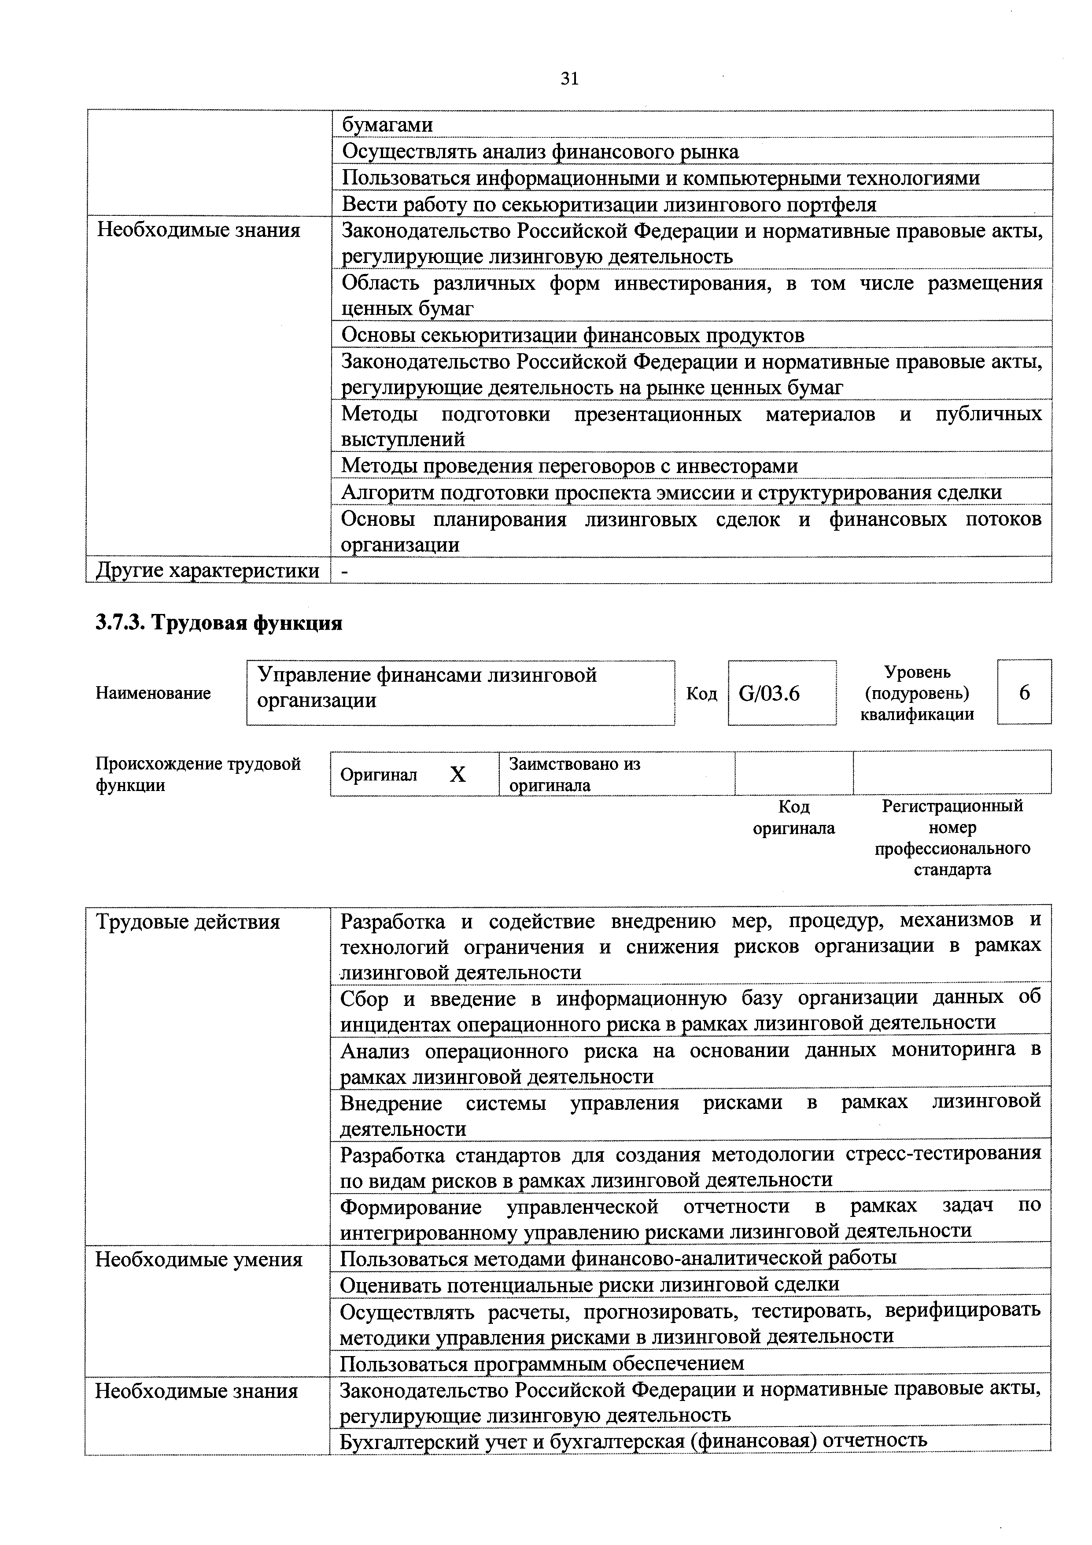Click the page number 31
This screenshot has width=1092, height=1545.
point(569,79)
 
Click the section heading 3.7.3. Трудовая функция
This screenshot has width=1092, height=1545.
point(219,622)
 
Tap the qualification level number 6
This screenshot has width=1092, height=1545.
point(1024,692)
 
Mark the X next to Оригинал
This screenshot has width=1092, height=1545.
point(457,775)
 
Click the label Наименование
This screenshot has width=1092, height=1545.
point(153,692)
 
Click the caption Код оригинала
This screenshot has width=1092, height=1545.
point(793,817)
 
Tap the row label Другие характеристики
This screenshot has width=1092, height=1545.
point(207,571)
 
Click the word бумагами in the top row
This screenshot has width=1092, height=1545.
point(387,125)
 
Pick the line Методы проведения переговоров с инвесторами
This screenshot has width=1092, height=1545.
point(569,466)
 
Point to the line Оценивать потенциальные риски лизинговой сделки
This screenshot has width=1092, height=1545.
point(590,1284)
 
